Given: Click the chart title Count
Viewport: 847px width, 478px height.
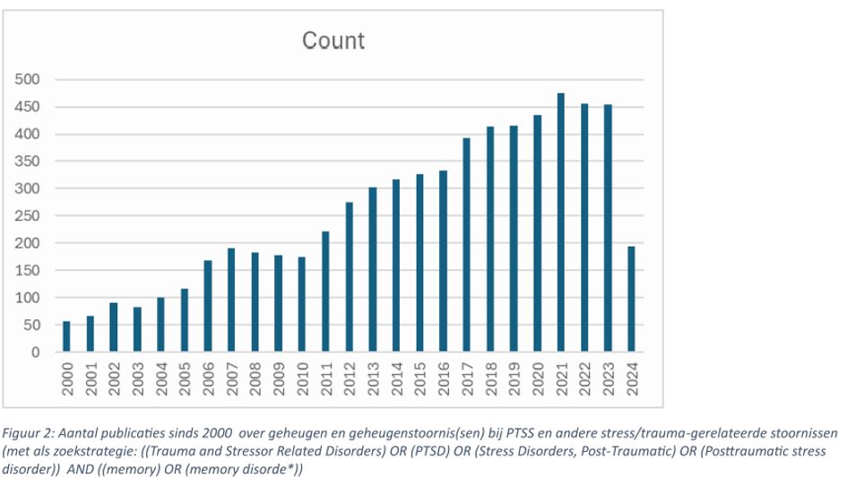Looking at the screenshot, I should pos(333,41).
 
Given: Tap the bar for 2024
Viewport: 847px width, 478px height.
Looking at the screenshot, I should pos(631,299).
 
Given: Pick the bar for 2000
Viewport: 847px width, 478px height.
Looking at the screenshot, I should pos(66,336).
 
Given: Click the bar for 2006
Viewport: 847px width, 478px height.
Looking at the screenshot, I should pos(208,306).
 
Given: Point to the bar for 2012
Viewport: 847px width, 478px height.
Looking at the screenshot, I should pos(349,277).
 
